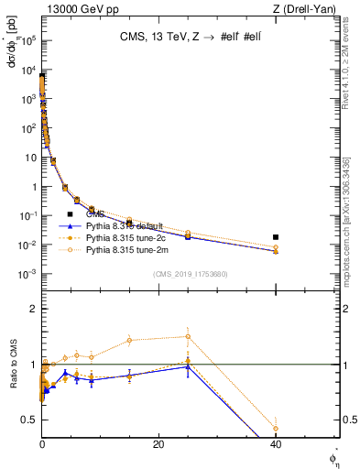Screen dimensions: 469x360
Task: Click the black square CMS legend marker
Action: coord(69,214)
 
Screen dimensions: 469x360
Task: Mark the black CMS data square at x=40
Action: coord(276,237)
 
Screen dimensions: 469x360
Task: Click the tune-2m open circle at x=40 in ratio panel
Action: coord(276,428)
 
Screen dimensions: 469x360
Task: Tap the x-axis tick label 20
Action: coord(158,444)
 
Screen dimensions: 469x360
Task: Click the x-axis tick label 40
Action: coord(276,444)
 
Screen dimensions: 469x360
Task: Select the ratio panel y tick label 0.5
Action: coord(29,420)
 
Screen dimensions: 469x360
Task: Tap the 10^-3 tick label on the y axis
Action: coord(27,275)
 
